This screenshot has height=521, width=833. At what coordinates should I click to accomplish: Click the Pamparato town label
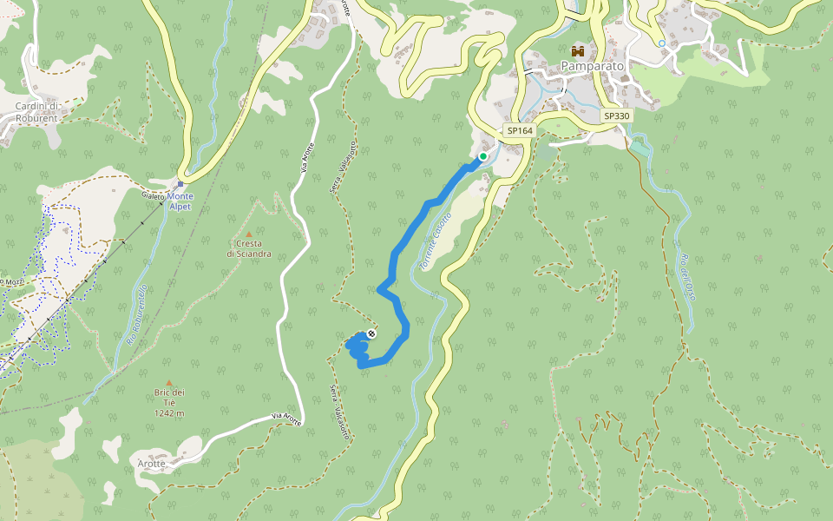click(593, 66)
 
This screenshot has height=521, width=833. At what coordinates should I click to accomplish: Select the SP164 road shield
click(520, 131)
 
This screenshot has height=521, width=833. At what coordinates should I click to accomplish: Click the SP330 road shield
click(616, 115)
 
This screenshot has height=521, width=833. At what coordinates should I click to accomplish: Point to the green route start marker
click(483, 156)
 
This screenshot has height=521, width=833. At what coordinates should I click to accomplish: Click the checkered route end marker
click(371, 333)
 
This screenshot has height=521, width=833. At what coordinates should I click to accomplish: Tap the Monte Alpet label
click(180, 201)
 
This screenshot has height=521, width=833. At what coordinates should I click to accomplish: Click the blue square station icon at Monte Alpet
click(180, 184)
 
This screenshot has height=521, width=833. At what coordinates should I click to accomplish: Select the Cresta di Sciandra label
click(249, 249)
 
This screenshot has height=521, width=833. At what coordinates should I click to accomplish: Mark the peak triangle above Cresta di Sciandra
click(249, 234)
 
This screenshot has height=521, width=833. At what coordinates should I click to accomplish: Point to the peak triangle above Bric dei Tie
click(169, 383)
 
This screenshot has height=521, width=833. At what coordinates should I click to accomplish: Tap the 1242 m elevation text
click(169, 413)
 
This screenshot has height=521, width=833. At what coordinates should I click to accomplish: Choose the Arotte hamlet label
click(151, 464)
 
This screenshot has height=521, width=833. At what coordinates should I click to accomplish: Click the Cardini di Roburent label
click(36, 112)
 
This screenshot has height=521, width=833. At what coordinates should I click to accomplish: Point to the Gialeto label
click(153, 196)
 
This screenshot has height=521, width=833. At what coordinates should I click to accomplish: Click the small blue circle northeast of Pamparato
click(661, 43)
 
